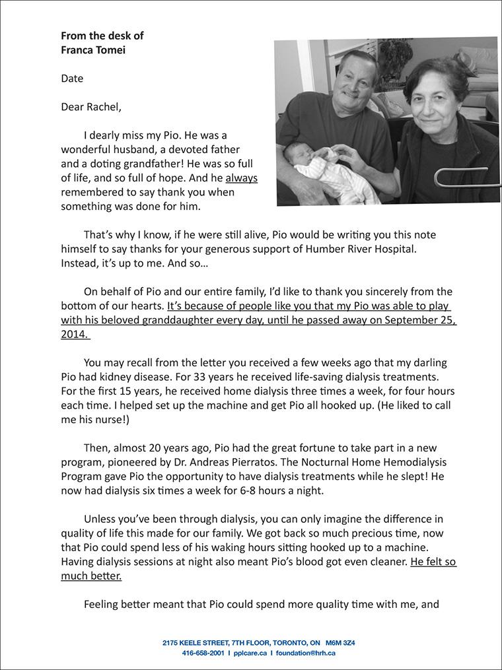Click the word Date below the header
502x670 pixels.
72,79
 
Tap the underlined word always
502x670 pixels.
241,178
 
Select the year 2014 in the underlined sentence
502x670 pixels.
73,334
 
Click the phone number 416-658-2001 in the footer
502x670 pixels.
203,653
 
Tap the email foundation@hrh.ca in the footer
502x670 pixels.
305,653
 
